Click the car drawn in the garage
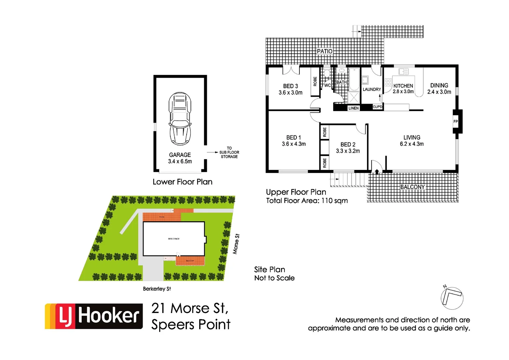(180, 119)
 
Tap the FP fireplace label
(455, 122)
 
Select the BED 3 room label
(290, 86)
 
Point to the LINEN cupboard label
(353, 108)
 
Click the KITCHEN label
(403, 86)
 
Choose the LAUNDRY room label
(372, 89)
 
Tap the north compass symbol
(452, 297)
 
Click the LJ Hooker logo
(94, 316)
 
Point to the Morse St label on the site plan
(236, 244)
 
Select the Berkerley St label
(157, 289)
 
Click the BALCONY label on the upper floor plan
(412, 187)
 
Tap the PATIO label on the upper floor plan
(324, 51)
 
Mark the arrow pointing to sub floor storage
(212, 152)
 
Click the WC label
(327, 85)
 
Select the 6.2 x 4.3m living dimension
(412, 144)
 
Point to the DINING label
(439, 85)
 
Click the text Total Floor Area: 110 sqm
(307, 201)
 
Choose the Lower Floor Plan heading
(182, 182)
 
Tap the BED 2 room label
(348, 144)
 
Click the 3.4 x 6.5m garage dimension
(180, 161)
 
